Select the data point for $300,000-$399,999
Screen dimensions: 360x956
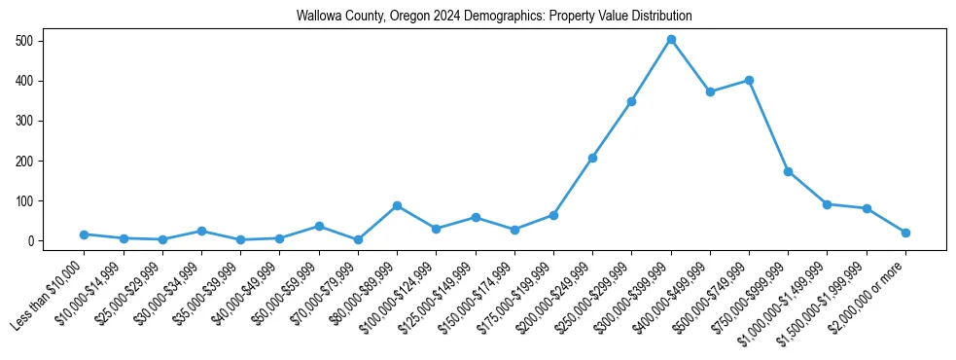point(671,40)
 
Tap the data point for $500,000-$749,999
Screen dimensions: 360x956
point(749,80)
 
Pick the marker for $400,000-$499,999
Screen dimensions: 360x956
point(710,91)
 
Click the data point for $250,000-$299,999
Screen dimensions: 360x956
point(631,101)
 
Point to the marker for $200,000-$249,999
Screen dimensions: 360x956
point(592,158)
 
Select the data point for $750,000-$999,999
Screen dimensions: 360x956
point(788,171)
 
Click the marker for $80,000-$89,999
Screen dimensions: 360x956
point(397,205)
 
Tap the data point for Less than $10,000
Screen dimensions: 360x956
point(85,234)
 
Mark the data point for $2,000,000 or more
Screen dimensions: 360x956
point(905,233)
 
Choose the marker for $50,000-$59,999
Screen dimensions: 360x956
point(319,226)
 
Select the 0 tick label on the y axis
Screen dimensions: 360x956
point(33,240)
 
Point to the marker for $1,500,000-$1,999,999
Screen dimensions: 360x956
point(867,208)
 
